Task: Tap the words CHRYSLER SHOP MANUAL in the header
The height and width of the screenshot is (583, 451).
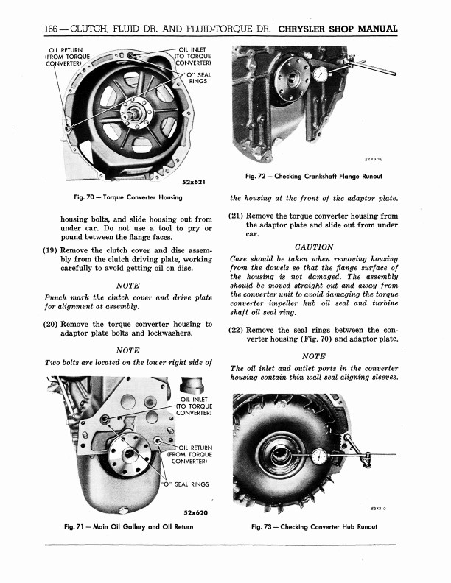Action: (x=339, y=30)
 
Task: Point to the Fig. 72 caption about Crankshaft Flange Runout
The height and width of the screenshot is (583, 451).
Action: (x=312, y=176)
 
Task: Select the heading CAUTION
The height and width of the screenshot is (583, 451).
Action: (x=313, y=247)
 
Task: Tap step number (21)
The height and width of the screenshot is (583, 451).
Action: (x=237, y=216)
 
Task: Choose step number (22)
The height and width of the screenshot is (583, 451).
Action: (x=237, y=331)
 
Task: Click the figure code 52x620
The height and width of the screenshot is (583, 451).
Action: (x=193, y=512)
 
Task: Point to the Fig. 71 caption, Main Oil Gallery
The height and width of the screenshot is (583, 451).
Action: (x=129, y=526)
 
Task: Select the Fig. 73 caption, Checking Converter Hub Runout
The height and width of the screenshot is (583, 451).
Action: (x=313, y=526)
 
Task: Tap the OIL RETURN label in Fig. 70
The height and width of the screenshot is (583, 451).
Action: (x=66, y=56)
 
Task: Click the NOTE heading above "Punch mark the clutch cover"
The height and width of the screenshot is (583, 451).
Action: (x=129, y=286)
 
